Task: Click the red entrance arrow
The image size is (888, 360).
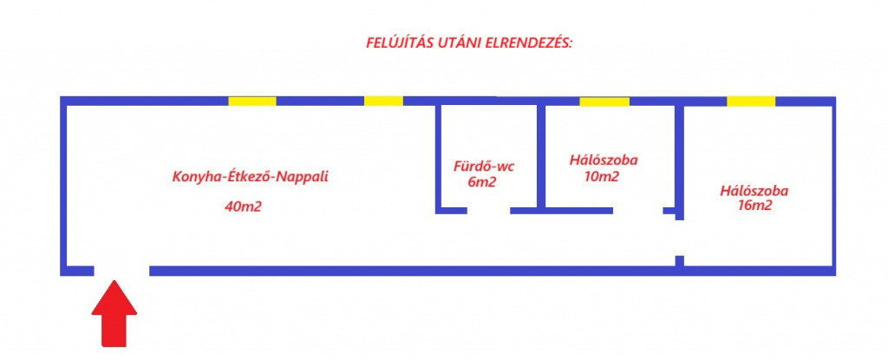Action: point(114,313)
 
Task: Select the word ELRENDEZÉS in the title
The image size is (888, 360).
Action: point(529,43)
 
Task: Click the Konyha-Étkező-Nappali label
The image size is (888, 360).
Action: point(251,176)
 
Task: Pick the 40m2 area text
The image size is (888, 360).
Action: point(243,206)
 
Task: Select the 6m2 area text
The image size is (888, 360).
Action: point(482,183)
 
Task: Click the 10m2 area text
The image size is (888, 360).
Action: point(602,176)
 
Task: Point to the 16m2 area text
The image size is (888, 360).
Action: point(755,206)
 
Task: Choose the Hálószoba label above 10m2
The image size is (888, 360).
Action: point(604,160)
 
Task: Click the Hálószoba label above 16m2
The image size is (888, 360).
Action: point(754,191)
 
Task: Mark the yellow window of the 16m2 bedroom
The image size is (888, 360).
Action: point(751,101)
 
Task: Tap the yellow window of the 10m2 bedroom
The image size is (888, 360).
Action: point(604,101)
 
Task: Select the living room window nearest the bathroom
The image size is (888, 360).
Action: point(383,101)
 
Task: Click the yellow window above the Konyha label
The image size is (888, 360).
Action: point(252,101)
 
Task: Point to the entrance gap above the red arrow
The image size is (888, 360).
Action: point(121,271)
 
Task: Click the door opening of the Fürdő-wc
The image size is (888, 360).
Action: point(489,210)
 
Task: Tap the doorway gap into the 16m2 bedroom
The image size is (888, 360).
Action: point(680,238)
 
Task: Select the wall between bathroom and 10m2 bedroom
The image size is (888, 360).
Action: point(541,156)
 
